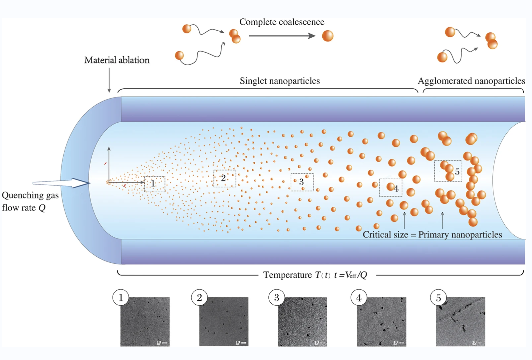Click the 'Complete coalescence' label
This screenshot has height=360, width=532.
pos(282,22)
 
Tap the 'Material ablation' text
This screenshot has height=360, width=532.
pos(117,60)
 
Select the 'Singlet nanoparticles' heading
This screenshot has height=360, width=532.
pos(280,81)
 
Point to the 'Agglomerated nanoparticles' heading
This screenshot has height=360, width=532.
pos(471,81)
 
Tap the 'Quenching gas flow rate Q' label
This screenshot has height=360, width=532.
pos(30,201)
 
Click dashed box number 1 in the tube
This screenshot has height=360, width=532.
pos(155,184)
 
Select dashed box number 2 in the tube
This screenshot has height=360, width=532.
pos(225,179)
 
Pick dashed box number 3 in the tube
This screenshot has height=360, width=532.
pos(302,182)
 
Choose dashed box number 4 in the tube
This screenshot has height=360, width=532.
pos(391,188)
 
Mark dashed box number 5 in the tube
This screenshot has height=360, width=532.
pos(448,171)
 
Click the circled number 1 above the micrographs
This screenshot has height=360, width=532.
pos(121,297)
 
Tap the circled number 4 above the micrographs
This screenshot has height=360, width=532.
pos(359,298)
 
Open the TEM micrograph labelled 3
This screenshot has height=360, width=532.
pos(303,322)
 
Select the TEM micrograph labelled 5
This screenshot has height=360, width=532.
pos(460,322)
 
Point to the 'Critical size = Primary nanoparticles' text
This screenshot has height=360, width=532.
pos(432,235)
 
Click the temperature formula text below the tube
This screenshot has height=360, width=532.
pos(315,275)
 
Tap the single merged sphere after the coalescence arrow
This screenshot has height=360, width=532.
pos(328,36)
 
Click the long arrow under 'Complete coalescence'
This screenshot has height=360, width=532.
pos(282,36)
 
